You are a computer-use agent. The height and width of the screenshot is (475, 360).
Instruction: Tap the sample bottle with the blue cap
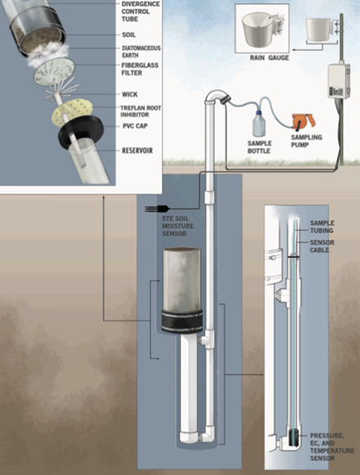(259, 124)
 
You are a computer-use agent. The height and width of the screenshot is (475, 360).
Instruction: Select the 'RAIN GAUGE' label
(269, 57)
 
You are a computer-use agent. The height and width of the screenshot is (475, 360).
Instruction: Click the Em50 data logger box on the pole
(339, 80)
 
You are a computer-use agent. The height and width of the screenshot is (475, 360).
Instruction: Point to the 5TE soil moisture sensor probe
(157, 208)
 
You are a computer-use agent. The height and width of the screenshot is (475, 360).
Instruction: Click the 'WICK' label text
(130, 94)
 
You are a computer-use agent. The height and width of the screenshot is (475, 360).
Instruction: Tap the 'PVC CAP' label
(135, 126)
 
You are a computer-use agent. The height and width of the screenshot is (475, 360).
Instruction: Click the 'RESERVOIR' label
(137, 151)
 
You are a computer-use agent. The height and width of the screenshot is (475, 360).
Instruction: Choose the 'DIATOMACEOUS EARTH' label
(141, 52)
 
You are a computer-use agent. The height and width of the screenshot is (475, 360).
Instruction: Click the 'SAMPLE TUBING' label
(322, 227)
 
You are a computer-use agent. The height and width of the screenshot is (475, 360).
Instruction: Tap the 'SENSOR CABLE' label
(322, 246)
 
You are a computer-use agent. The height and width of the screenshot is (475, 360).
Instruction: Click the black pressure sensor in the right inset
(294, 437)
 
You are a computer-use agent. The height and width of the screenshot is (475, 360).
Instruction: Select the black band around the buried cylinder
(182, 321)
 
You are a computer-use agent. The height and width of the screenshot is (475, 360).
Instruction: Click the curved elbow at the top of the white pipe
(217, 97)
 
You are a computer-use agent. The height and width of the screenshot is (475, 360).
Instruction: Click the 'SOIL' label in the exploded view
(128, 35)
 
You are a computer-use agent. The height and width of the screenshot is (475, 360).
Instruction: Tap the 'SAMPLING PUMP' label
(307, 141)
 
